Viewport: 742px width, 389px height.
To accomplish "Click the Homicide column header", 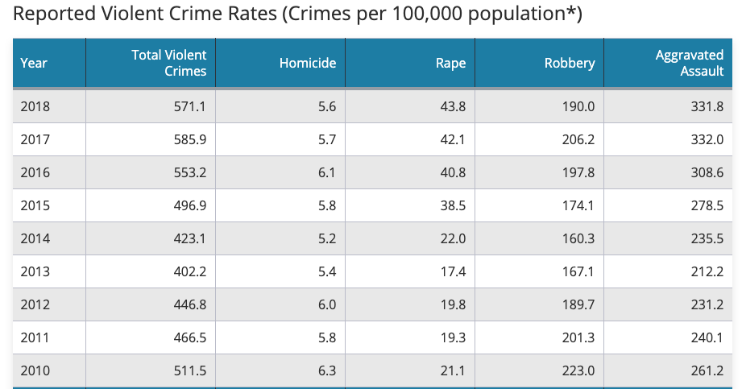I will [x=307, y=63].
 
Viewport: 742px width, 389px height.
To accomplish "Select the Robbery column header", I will [x=570, y=63].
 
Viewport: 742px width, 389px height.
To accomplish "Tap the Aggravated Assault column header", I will [x=690, y=63].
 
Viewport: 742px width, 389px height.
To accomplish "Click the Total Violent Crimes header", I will [x=169, y=63].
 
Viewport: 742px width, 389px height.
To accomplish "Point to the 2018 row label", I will [x=35, y=106].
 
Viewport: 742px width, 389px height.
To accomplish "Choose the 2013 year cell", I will [x=35, y=271].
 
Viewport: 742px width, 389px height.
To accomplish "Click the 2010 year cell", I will [x=35, y=370].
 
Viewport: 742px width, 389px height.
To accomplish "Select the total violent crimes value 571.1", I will [x=190, y=106].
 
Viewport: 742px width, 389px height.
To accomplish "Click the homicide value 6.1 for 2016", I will [x=327, y=172].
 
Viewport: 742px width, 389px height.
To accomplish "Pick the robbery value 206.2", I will [x=578, y=139].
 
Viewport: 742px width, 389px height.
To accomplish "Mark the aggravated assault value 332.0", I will [x=707, y=139].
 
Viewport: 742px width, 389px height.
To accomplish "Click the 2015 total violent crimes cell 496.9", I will [x=190, y=205].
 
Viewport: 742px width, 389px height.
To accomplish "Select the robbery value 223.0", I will [x=578, y=370].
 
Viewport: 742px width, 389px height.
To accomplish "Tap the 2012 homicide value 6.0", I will [x=327, y=304].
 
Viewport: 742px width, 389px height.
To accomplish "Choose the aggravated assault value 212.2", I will [x=707, y=271].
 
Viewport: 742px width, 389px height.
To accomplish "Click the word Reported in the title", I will [x=50, y=15].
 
